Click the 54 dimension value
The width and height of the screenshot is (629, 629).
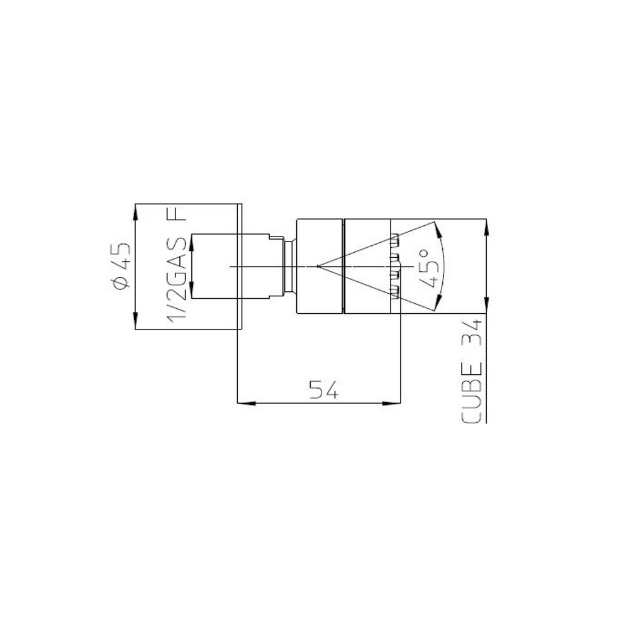(325, 391)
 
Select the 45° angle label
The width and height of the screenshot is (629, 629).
(426, 267)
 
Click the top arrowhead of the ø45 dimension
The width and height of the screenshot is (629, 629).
(136, 210)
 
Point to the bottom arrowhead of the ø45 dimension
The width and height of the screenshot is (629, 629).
(136, 323)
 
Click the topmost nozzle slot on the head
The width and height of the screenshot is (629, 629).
(396, 239)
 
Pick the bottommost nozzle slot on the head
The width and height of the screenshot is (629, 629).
(396, 291)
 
